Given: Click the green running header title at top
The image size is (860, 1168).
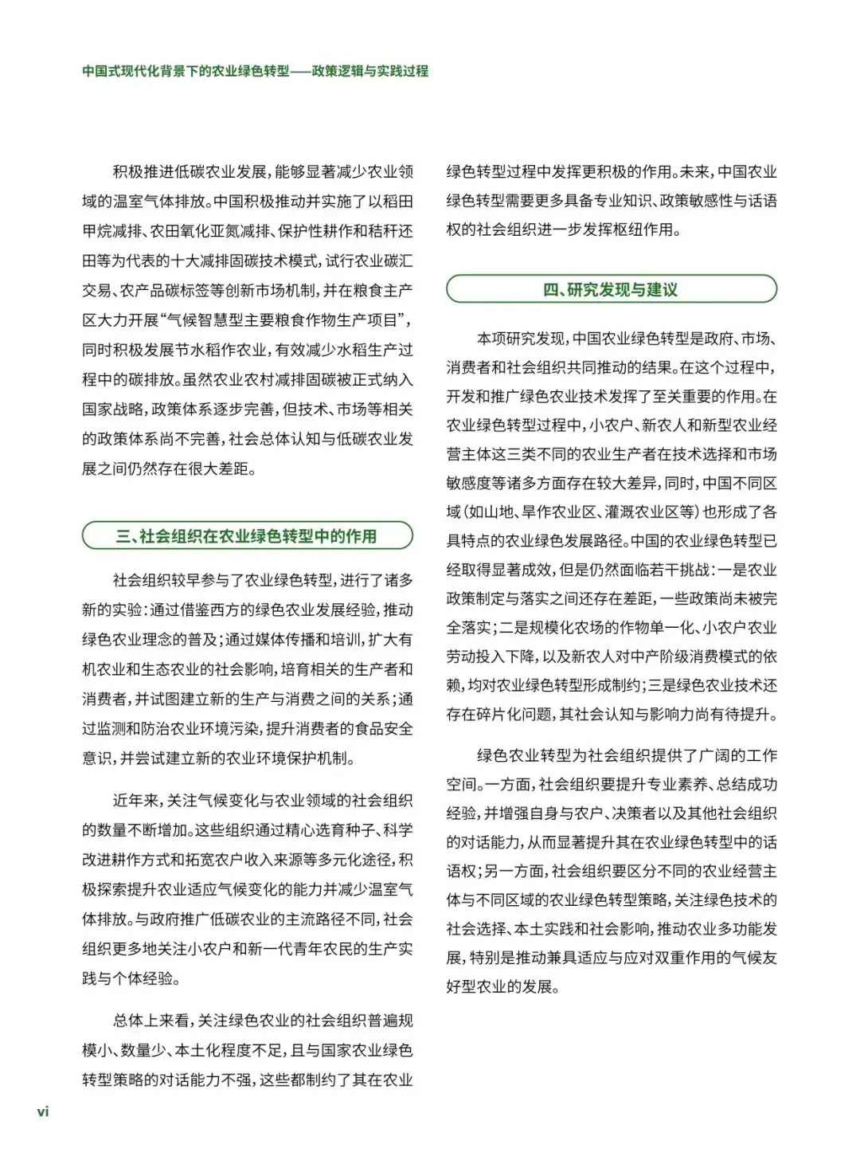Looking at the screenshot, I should click(255, 71).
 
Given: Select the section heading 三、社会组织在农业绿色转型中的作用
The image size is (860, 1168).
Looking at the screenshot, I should click(247, 536).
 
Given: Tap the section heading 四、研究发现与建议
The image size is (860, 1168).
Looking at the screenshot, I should click(611, 289).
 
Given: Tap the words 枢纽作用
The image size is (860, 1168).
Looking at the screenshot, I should click(651, 231).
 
